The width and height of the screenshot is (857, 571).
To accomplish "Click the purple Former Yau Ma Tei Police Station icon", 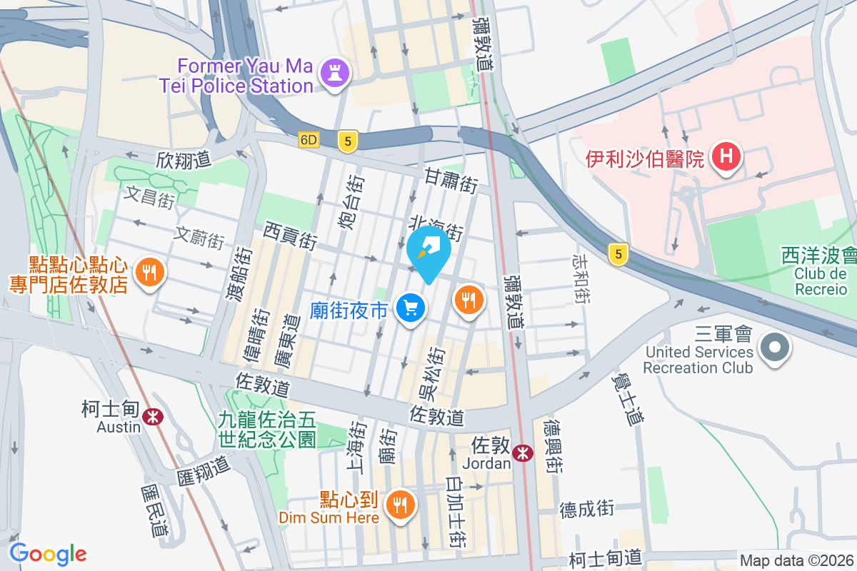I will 334,73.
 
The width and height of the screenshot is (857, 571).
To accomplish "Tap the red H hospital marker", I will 726,158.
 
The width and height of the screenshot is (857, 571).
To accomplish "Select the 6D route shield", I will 309,141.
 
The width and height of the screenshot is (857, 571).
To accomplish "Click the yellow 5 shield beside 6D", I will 347,141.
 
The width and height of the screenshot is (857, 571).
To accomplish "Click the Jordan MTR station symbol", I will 523,452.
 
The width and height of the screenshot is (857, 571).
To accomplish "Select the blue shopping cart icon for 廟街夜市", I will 411,309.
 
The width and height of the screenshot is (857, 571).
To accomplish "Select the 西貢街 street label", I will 290,235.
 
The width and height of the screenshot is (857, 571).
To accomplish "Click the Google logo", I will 48,554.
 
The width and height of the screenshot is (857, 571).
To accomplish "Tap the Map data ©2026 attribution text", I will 796,561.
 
